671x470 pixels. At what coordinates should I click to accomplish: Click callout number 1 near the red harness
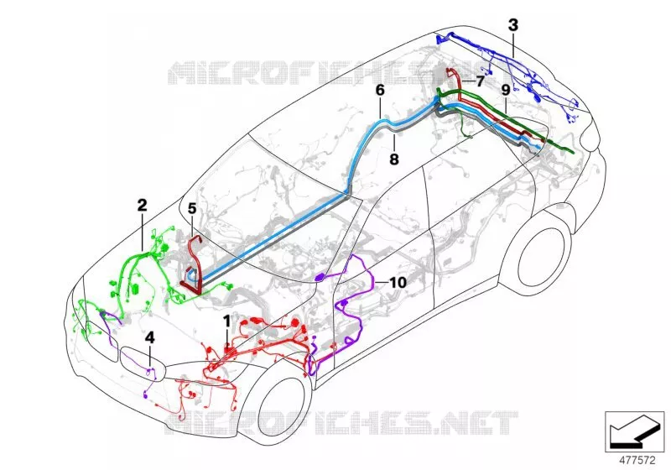coord(226,321)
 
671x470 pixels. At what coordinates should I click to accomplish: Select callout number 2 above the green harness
coord(142,205)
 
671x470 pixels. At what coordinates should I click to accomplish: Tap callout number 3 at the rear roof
coord(513,25)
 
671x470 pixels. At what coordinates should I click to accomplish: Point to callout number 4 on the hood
coord(150,337)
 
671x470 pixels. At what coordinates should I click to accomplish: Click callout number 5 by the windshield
coord(192,209)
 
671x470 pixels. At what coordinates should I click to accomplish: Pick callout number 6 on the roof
coord(380,91)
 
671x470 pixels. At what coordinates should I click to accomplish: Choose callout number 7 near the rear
coord(480,81)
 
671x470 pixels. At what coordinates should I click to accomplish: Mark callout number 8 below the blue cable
coord(394,159)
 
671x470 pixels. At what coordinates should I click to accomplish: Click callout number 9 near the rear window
coord(506,91)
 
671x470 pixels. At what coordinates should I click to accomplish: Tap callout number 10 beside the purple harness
coord(398,283)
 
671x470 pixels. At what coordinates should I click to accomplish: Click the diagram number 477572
coord(637,461)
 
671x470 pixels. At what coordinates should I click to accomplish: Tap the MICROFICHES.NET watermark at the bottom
coord(341,423)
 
